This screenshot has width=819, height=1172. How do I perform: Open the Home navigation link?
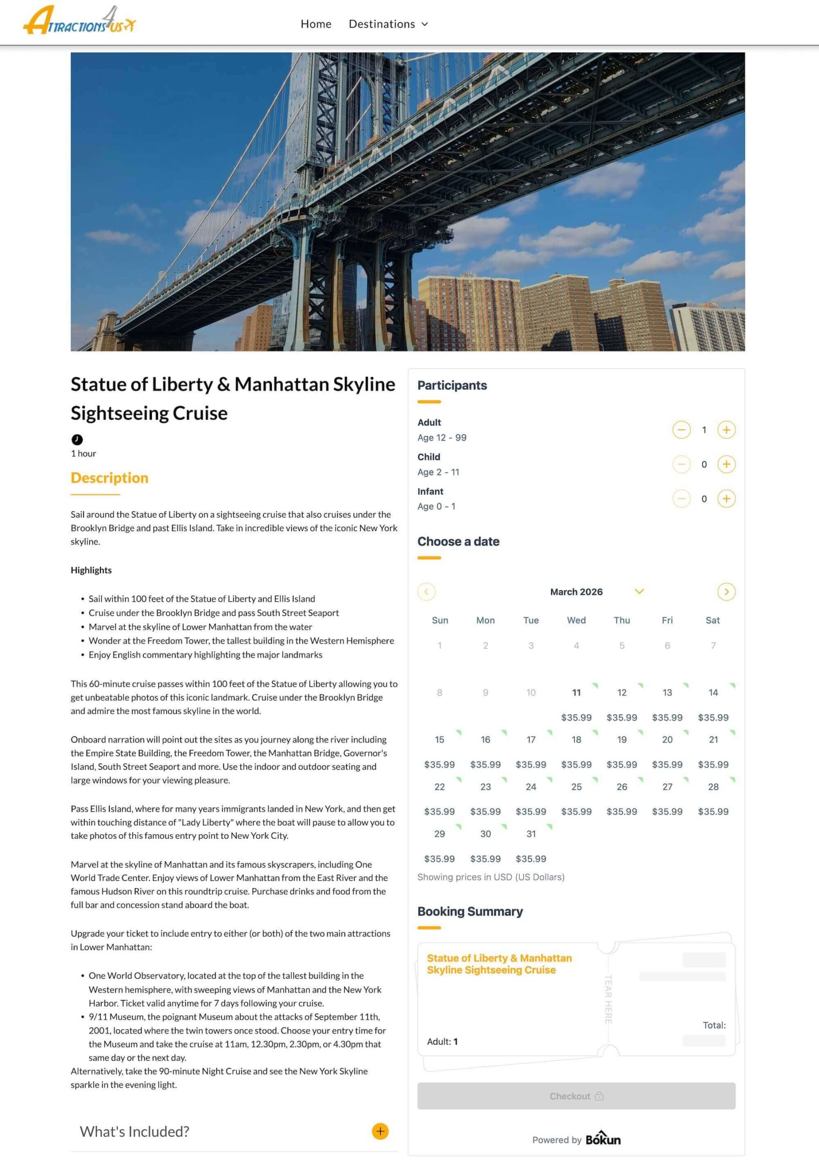(316, 24)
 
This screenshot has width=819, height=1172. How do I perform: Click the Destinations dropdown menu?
(388, 24)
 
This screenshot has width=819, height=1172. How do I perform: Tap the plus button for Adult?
(726, 430)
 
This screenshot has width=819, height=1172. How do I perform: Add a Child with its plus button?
(726, 464)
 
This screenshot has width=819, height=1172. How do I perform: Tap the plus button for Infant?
(726, 499)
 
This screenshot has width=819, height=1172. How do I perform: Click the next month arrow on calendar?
(726, 591)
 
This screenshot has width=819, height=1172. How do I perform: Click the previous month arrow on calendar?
(426, 591)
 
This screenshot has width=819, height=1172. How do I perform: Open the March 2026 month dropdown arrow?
(639, 591)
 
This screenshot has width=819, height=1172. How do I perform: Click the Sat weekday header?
(712, 620)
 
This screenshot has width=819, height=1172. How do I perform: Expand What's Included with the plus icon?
(380, 1131)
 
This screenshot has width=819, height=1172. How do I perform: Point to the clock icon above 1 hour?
(77, 439)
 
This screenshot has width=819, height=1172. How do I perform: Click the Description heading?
(110, 478)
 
